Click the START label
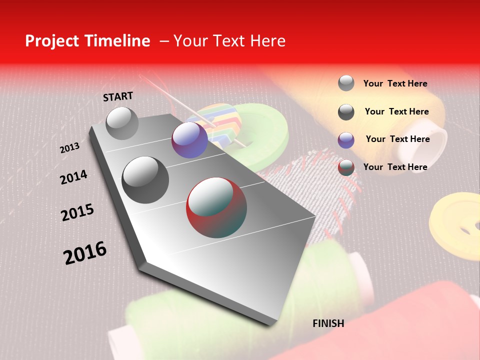118,96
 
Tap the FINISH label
328,323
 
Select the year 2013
69,148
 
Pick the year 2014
73,177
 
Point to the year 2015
77,212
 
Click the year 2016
85,252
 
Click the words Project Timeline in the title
87,41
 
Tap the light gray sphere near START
122,123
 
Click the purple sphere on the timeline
189,140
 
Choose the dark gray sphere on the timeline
145,179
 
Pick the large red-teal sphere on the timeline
216,207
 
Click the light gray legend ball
346,83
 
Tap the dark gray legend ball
346,112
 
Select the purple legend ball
346,140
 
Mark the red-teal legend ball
346,167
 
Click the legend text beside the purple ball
397,139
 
